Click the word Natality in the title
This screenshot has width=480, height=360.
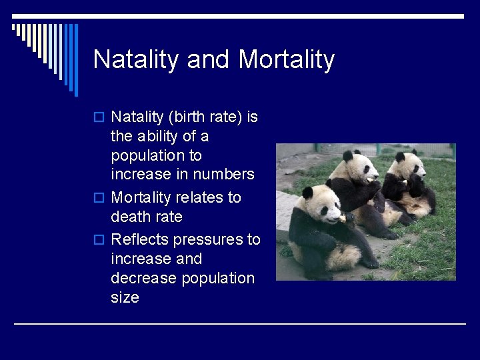137,60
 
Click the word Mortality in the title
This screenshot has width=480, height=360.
286,60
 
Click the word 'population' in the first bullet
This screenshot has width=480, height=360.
156,155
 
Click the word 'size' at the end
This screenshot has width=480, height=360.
125,297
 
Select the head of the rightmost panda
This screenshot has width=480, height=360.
407,163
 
